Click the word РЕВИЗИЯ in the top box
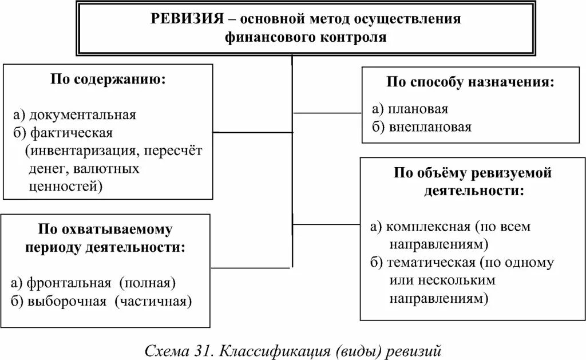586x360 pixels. coord(186,19)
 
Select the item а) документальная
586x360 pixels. coord(73,114)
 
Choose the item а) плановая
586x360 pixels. coord(409,109)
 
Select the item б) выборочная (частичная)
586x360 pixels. coord(101,302)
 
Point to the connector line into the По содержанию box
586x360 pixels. coord(252,133)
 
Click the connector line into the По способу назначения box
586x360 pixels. coord(327,113)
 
